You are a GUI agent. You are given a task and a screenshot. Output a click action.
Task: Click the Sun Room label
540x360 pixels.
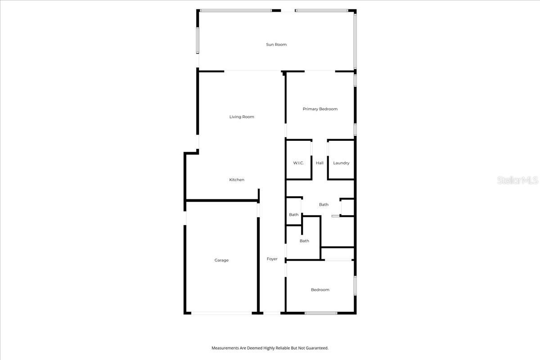point(276,45)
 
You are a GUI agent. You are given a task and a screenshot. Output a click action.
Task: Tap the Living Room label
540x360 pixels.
point(242,117)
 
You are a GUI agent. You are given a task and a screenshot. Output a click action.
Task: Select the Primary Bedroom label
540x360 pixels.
point(320,109)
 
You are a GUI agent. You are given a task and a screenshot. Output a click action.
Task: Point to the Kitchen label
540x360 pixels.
point(237,180)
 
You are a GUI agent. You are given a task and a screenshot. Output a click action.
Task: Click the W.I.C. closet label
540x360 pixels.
point(298,163)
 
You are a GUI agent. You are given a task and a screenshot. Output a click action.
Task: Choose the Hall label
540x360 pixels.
point(319,163)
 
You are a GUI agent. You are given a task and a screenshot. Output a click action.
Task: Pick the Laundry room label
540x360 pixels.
point(341,163)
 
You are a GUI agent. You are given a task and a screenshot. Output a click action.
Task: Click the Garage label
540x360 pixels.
point(221,260)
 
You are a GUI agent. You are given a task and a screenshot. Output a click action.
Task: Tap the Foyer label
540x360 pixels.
point(272,259)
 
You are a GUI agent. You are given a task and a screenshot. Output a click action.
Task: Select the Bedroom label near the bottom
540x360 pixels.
point(320,290)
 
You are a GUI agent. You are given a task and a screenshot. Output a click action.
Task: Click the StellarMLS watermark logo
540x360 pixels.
point(517,180)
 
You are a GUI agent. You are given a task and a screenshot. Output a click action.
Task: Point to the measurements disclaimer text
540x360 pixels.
point(270,348)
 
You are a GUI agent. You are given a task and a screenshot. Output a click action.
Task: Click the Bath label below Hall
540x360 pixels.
point(324,205)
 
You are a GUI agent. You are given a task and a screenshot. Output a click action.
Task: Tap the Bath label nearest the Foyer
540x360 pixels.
point(304,241)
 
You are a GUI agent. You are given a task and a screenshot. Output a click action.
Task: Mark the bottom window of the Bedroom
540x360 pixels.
point(321,313)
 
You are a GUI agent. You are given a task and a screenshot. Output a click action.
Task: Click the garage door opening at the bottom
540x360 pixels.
point(221,313)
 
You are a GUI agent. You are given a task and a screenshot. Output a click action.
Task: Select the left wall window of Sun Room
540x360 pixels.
point(197,40)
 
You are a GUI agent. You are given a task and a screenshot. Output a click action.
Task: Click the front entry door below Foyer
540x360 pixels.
point(272,313)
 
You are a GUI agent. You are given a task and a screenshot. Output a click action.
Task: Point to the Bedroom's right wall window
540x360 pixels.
point(355,285)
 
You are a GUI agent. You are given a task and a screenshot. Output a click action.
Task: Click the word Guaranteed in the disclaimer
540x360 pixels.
point(317,348)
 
